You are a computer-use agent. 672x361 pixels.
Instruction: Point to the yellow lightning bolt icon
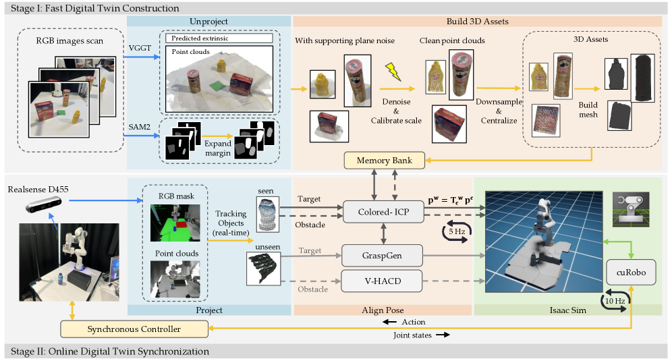392,72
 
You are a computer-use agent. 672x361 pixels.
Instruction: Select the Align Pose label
382,310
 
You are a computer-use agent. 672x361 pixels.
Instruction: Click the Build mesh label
588,109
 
